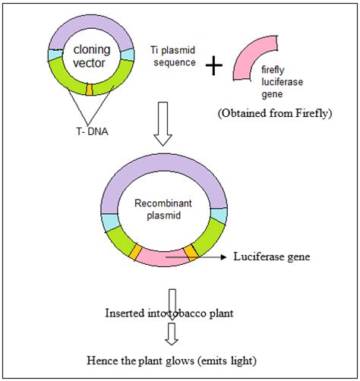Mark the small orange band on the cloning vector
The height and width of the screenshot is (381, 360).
coord(90,91)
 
